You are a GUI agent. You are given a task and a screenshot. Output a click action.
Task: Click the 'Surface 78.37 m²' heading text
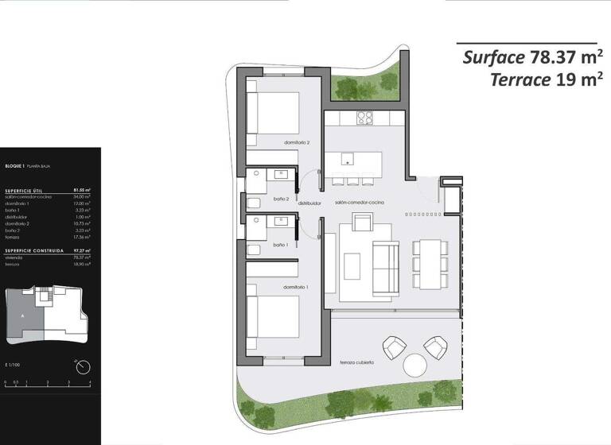coord(529,57)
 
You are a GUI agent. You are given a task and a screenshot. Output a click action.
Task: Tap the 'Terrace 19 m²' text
coord(543,79)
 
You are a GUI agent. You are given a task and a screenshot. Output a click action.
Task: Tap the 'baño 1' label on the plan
coord(280,246)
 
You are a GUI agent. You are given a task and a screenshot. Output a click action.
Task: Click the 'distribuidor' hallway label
coord(309,203)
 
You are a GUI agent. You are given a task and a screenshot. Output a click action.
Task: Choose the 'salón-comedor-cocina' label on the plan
coord(360,203)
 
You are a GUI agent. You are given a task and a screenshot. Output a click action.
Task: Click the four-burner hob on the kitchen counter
coord(364,118)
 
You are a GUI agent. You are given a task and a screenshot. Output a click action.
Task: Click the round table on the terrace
coord(416,366)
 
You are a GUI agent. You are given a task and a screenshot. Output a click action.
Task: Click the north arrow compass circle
coord(82,366)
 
